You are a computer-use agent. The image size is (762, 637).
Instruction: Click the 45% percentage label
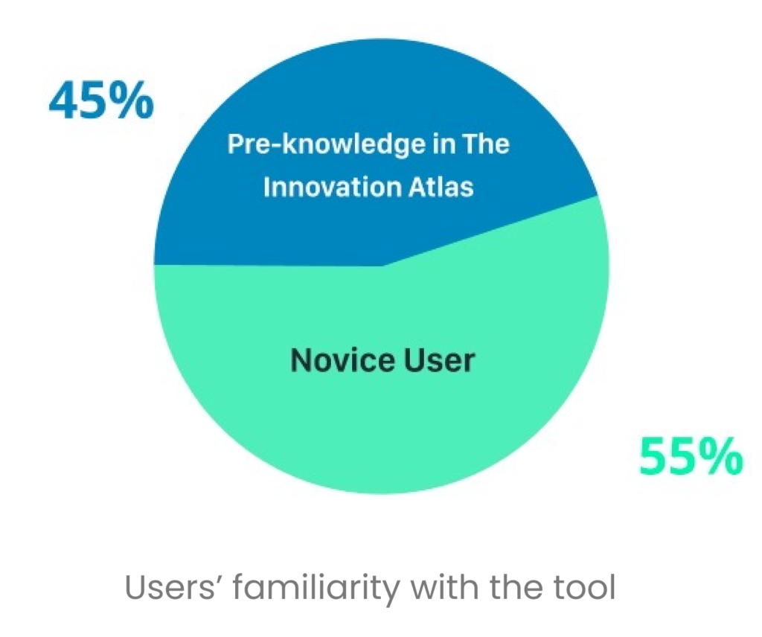coord(101,100)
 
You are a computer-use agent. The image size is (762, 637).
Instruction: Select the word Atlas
coord(441,187)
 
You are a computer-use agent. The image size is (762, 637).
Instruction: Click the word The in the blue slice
coord(486,144)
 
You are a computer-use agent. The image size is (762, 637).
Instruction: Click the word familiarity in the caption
coord(316,589)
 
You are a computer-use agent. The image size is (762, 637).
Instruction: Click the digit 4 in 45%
coord(64,100)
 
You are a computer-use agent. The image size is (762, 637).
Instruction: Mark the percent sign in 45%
coord(132,100)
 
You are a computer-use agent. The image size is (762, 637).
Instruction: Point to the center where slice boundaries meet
coord(384,266)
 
